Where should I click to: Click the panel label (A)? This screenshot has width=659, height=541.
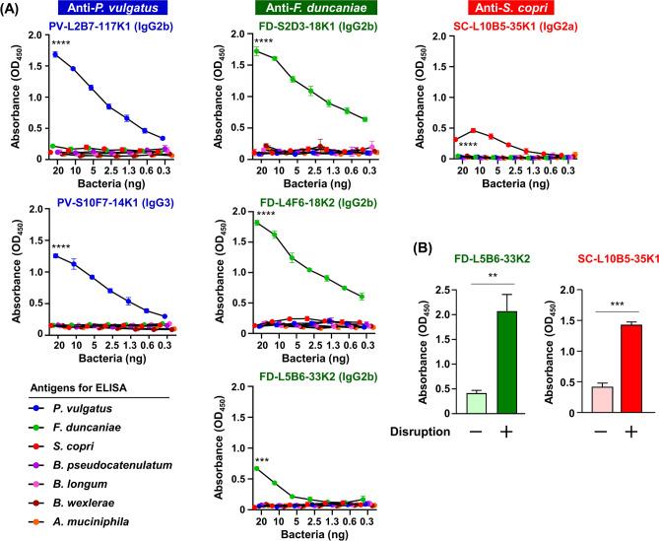click(x=14, y=9)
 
